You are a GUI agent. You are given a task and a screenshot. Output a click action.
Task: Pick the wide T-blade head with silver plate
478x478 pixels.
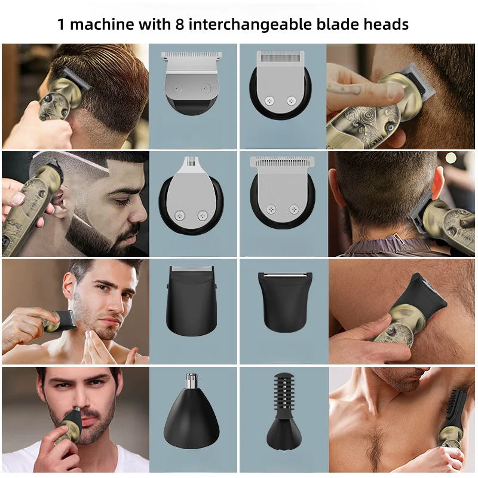pyautogui.click(x=192, y=81)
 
